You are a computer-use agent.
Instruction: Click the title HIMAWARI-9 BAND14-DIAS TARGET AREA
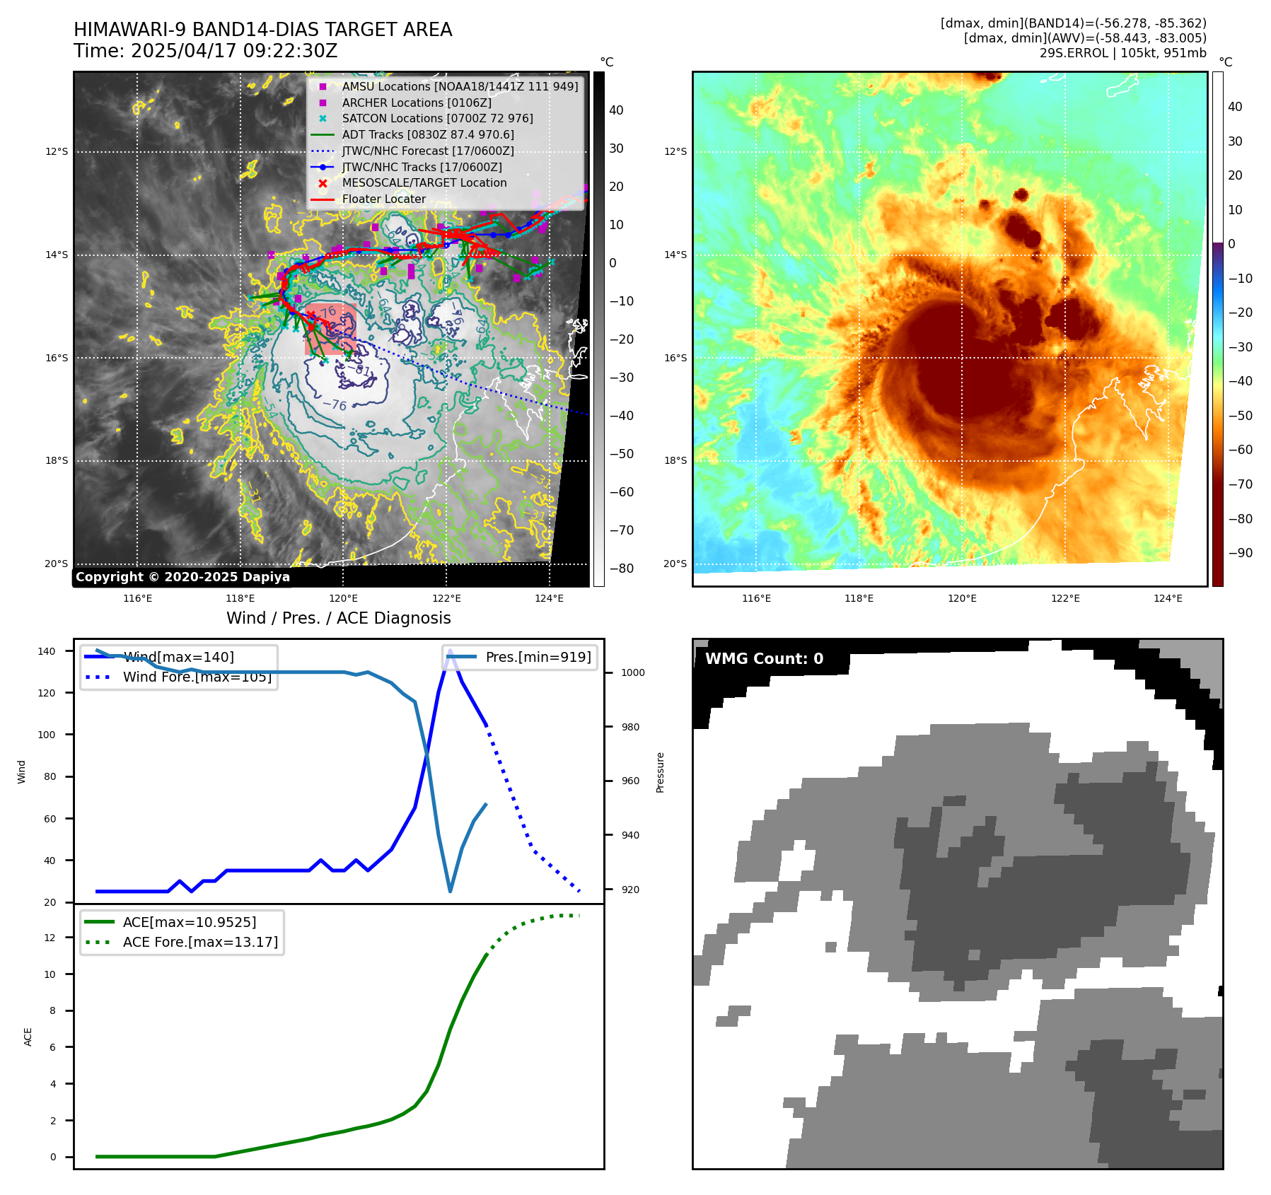click(262, 30)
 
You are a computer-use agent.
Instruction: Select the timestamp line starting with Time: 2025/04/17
click(205, 51)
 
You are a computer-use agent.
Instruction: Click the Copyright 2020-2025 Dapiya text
click(182, 577)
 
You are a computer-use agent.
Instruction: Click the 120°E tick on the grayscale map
click(343, 598)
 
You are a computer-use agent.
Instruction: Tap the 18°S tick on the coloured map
click(675, 460)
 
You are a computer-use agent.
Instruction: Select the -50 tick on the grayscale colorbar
click(622, 454)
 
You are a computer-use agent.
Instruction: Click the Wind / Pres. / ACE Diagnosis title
click(338, 618)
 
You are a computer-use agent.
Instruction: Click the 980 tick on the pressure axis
click(629, 727)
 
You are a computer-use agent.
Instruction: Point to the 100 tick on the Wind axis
click(47, 735)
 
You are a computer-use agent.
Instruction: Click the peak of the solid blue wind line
click(450, 650)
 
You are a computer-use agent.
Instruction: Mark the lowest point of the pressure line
click(450, 891)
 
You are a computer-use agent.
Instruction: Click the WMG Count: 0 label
click(764, 659)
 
